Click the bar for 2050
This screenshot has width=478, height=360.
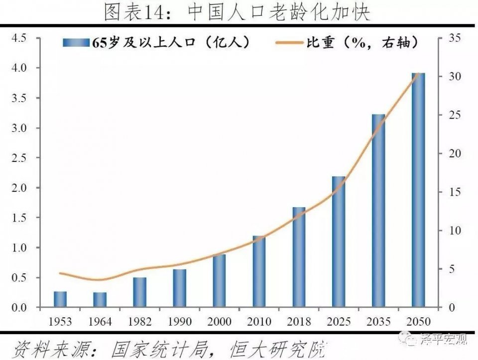(x=418, y=190)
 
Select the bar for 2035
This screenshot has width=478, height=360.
(x=378, y=211)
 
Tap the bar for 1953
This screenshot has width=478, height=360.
(x=60, y=299)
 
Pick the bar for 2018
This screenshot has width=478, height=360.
(x=299, y=257)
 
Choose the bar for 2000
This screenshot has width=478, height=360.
(x=219, y=281)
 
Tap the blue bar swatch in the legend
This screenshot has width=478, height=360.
(x=76, y=43)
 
